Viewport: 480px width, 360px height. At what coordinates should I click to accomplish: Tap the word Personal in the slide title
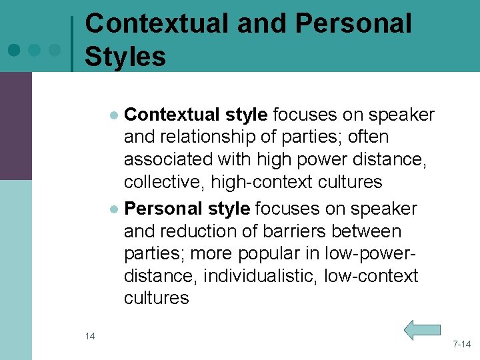click(x=353, y=24)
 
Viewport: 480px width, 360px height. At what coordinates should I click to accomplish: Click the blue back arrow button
click(x=423, y=329)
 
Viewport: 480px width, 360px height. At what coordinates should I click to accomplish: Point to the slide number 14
click(x=90, y=335)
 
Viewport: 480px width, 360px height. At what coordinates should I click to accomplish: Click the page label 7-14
click(x=461, y=344)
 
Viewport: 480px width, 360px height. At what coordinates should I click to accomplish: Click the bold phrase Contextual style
click(x=196, y=115)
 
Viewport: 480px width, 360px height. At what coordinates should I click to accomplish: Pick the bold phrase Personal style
click(x=187, y=209)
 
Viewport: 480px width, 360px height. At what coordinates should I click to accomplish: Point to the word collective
click(x=160, y=181)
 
